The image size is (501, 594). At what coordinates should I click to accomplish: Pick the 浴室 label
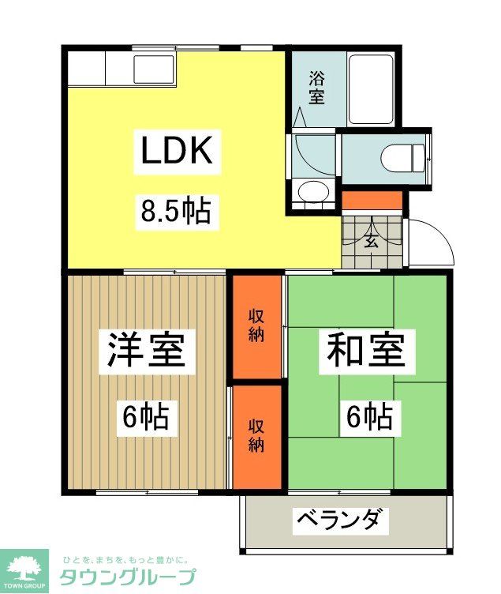point(316,88)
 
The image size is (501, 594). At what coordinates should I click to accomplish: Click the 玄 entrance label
point(371,241)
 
